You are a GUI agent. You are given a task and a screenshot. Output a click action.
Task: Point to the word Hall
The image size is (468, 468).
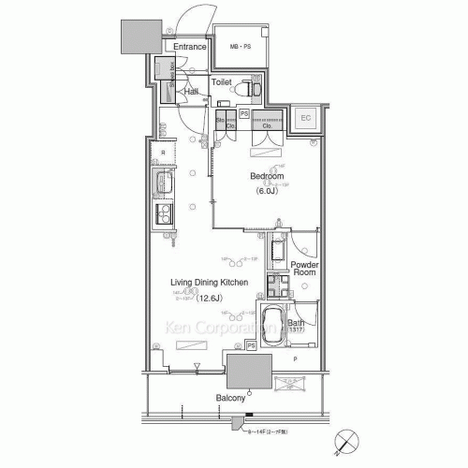coord(191,92)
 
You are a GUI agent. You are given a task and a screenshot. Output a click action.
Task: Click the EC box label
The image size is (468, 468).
coord(305,118)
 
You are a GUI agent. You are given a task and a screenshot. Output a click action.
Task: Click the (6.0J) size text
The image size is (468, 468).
coord(268,191)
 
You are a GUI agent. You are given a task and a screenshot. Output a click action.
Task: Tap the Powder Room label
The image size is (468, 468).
coord(305,271)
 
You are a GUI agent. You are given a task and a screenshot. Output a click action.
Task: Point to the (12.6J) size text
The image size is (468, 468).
coord(210,299)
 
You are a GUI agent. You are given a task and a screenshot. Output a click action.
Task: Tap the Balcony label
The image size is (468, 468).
coord(231,399)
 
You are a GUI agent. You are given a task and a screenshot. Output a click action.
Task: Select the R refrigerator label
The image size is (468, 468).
coord(163,152)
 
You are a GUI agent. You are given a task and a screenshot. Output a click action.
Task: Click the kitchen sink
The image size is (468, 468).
coord(163,183)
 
